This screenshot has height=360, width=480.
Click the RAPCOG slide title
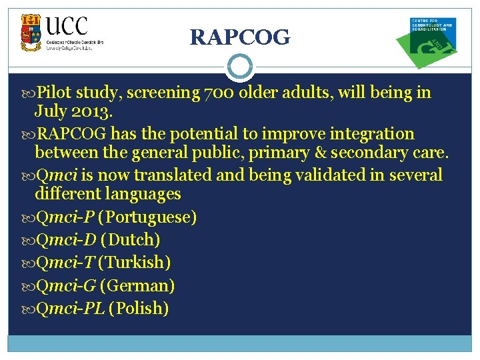240,38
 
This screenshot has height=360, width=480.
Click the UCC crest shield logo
31,33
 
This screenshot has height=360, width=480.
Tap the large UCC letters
67,26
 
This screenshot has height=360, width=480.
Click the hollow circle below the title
240,67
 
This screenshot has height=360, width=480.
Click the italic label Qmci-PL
70,309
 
